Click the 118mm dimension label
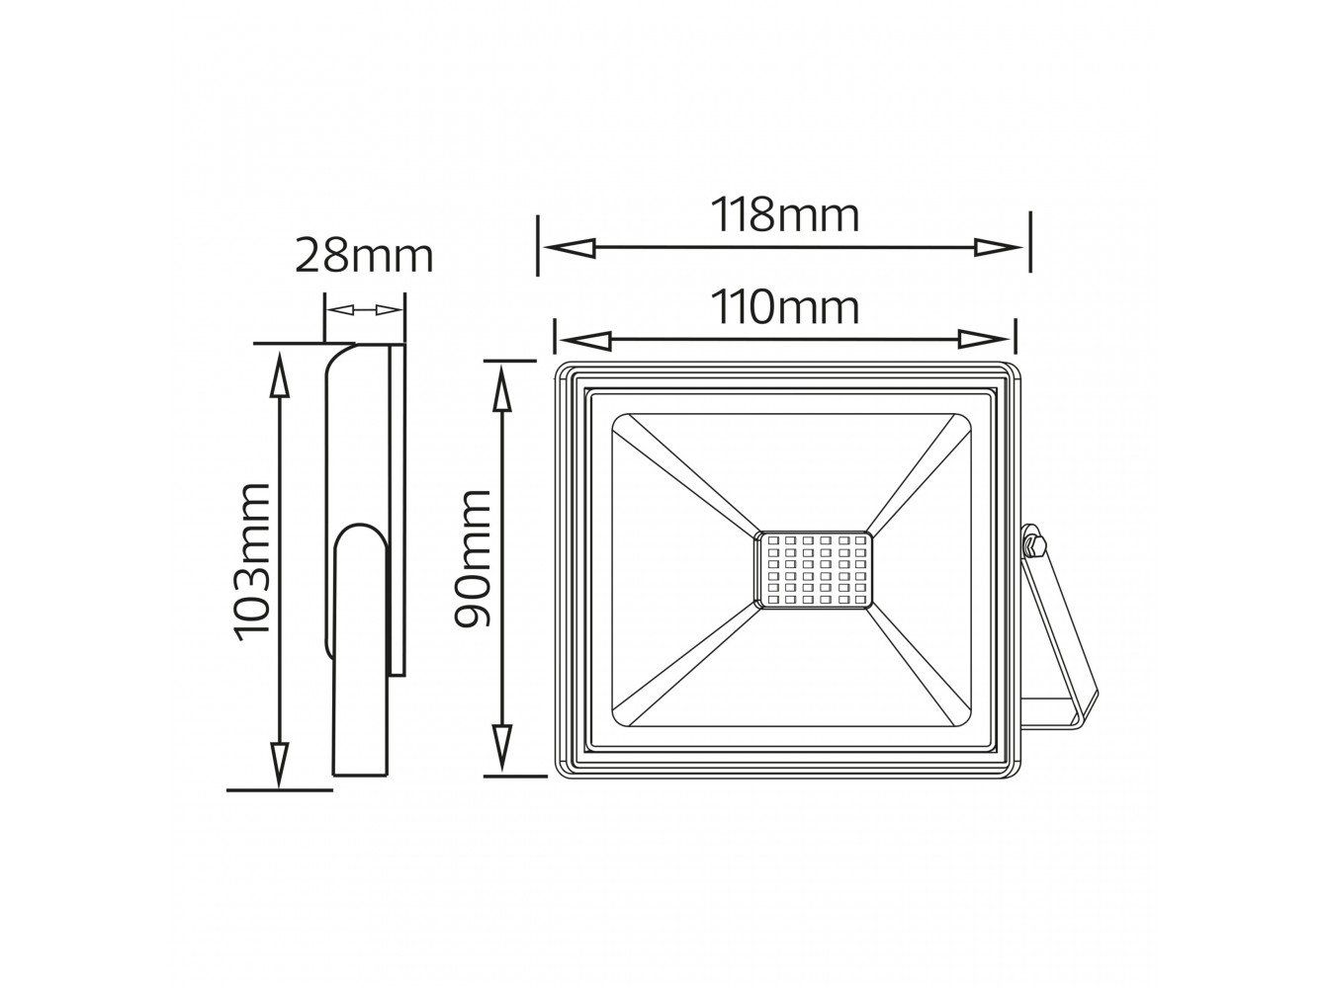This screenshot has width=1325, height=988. pos(784,214)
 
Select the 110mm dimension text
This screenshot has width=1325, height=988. pos(784,307)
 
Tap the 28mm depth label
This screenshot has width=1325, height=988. pos(364,256)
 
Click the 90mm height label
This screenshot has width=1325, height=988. pos(472,558)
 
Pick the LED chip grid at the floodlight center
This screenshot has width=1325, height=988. pos(813,569)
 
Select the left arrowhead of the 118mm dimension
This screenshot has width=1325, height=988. pos(570,247)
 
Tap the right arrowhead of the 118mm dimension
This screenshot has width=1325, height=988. pos(998,247)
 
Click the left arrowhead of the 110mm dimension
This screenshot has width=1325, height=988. pos(585,340)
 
